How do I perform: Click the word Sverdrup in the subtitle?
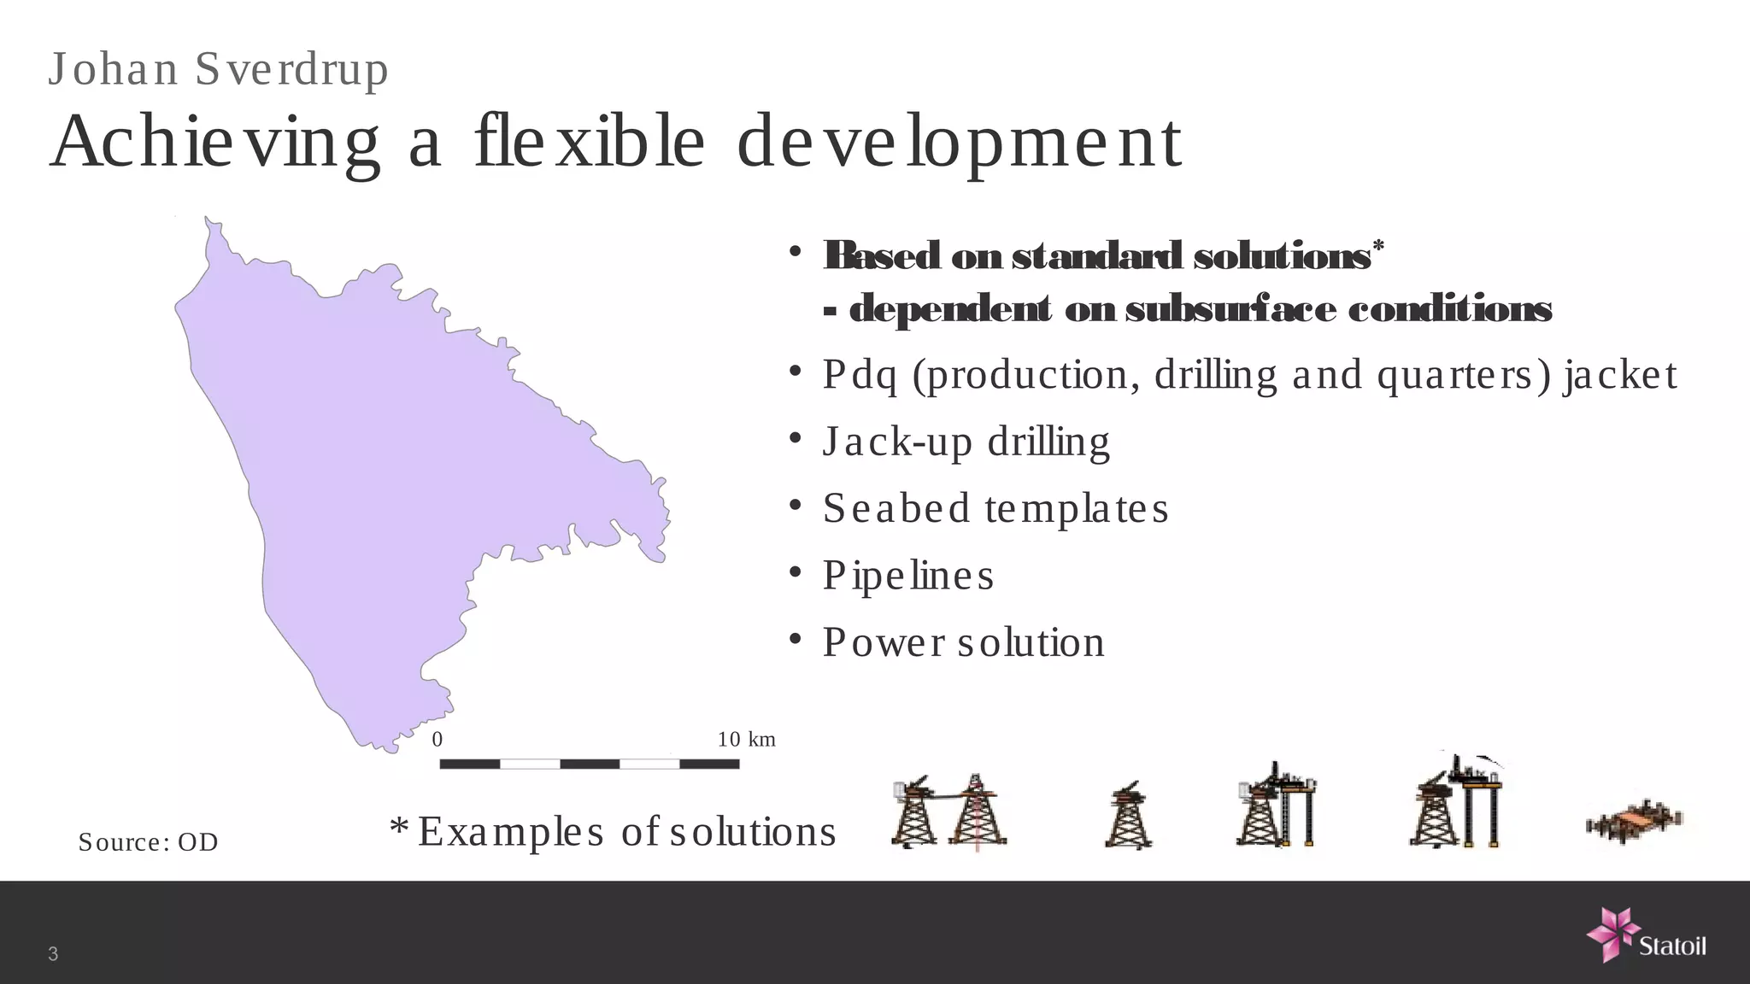(291, 69)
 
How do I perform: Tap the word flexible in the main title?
(590, 142)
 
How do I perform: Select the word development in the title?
(959, 143)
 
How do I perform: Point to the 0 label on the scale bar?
(437, 740)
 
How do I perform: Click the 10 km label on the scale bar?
(746, 740)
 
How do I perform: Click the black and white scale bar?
(589, 764)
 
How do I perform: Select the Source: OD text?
(148, 842)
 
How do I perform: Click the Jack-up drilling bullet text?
(966, 442)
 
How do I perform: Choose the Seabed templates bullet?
(995, 509)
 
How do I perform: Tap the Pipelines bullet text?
(907, 576)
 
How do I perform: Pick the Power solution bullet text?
(963, 642)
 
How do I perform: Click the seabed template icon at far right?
(1634, 822)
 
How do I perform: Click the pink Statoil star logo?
(1612, 934)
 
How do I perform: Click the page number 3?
(53, 954)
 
